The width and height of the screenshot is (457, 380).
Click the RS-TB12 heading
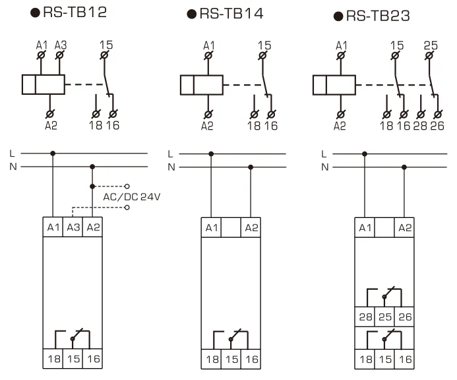tap(69, 13)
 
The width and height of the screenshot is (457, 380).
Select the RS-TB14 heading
tap(226, 14)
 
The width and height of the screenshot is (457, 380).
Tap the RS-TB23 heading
tap(372, 16)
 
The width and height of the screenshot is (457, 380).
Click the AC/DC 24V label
tap(132, 197)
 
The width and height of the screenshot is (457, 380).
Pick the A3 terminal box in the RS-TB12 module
tap(73, 227)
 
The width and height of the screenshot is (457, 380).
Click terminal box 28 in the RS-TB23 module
tap(365, 317)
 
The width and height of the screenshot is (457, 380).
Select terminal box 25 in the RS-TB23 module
tap(384, 317)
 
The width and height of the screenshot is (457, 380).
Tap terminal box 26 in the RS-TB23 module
tap(404, 317)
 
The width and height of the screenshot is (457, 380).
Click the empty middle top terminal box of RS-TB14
tap(231, 227)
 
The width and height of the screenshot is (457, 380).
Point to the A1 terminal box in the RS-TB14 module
tap(211, 227)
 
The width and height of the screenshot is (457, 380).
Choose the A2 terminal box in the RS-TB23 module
tap(404, 227)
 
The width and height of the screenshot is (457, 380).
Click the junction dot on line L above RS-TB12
tap(53, 153)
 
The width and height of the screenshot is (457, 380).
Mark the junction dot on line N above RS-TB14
tap(251, 167)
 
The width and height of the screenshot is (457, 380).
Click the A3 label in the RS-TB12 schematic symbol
tap(61, 45)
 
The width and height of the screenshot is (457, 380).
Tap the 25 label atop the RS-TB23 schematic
tap(431, 45)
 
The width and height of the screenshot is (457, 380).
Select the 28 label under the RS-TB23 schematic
tap(420, 126)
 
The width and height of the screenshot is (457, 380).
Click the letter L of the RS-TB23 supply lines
tap(324, 154)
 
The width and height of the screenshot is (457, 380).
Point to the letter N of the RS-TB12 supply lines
tap(13, 167)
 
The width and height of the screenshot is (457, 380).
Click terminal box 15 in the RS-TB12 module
tap(73, 358)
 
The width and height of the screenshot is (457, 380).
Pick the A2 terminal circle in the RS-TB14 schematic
tap(208, 115)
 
